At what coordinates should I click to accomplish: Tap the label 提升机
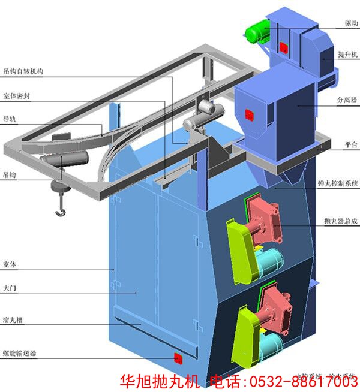tap(348, 55)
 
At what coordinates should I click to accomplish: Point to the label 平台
tap(351, 145)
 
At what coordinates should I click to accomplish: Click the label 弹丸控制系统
tap(337, 183)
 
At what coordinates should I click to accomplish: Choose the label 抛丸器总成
tap(340, 221)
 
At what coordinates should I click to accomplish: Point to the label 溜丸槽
tap(13, 320)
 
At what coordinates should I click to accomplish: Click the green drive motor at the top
tap(257, 30)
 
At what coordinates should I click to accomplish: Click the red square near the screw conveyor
tap(178, 358)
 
